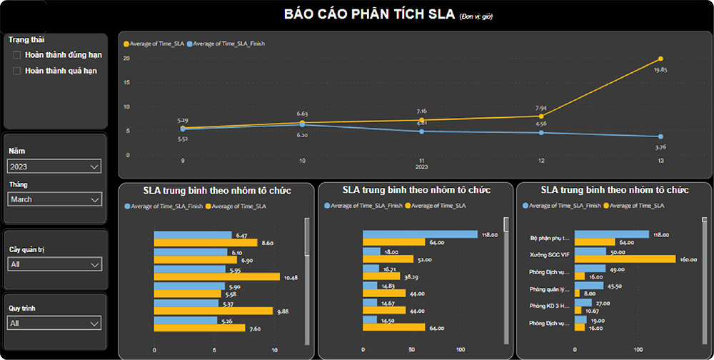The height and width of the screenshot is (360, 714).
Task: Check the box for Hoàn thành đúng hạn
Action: (x=16, y=55)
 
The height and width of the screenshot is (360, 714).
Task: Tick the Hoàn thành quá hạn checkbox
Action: (x=16, y=71)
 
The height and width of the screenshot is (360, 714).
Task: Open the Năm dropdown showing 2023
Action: (x=54, y=166)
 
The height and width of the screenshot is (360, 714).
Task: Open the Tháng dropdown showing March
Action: (x=54, y=199)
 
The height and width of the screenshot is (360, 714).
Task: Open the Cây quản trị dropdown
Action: (x=54, y=264)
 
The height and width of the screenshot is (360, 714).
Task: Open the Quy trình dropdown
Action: (x=54, y=324)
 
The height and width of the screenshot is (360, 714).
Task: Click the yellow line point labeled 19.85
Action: (x=660, y=59)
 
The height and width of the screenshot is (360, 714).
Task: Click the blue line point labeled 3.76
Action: (x=660, y=136)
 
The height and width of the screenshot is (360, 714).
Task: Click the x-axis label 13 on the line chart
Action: (x=660, y=161)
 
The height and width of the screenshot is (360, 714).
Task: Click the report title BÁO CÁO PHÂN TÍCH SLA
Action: (x=371, y=14)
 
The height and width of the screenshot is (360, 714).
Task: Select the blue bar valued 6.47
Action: (x=193, y=234)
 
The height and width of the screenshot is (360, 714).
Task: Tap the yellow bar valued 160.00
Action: (x=625, y=259)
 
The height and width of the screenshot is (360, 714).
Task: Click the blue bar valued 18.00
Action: (x=371, y=251)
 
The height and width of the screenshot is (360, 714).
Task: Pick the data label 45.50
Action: (x=615, y=286)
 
